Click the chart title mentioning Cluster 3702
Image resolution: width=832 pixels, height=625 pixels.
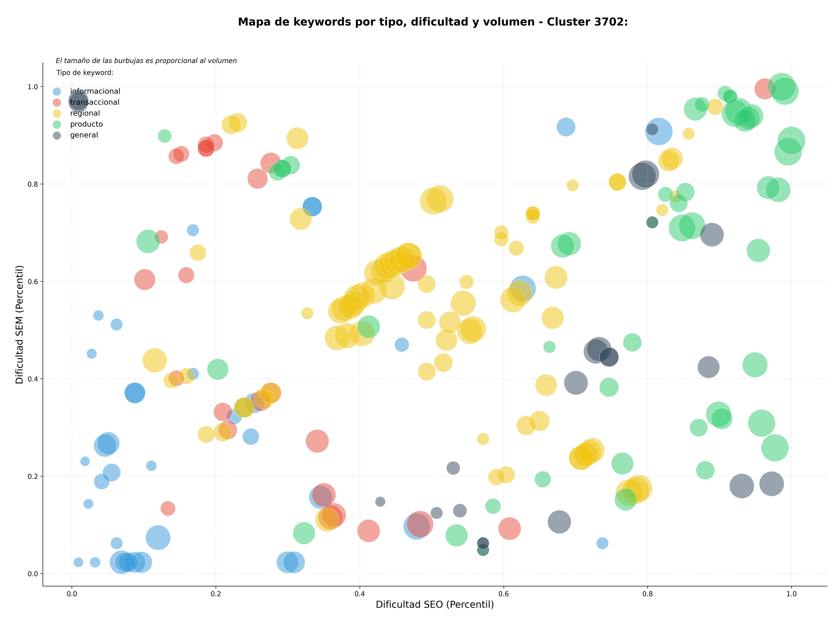tap(433, 22)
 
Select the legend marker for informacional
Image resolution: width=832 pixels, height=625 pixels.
tap(57, 91)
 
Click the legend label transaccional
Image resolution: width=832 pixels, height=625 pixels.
tap(95, 102)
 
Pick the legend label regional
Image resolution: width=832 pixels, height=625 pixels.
tap(85, 113)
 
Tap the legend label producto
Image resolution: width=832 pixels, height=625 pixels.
tap(86, 124)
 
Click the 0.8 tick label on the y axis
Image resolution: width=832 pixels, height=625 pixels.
tap(33, 184)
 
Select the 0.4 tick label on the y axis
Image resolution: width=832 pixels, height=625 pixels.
tap(33, 379)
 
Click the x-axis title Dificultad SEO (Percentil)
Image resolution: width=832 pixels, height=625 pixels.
tap(435, 605)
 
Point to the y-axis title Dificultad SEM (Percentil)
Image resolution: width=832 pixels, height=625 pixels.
tap(19, 324)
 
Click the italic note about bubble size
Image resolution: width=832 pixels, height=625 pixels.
tap(146, 60)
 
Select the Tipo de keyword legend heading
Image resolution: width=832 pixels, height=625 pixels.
tap(85, 73)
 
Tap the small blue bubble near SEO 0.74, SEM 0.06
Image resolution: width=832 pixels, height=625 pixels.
tap(602, 543)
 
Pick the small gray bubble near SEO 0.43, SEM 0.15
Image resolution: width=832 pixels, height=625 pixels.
tap(380, 502)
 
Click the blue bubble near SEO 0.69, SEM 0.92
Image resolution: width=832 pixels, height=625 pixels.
tap(566, 127)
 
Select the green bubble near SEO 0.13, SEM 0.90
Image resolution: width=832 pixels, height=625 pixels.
tap(164, 136)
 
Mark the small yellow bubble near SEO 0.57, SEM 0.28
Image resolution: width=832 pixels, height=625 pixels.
tap(483, 439)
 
